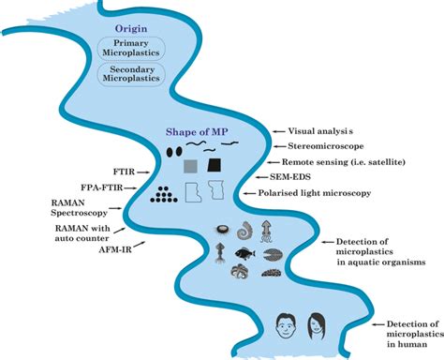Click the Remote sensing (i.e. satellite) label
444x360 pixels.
point(342,161)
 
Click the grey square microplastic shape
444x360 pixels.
point(190,167)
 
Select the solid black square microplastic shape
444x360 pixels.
point(217,166)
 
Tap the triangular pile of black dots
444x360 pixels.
point(166,194)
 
